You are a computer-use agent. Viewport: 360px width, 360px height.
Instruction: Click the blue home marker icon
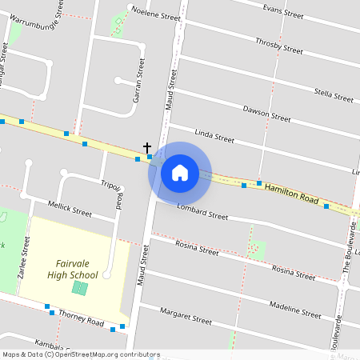(x=180, y=173)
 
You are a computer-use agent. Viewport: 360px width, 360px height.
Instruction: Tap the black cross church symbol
(x=147, y=148)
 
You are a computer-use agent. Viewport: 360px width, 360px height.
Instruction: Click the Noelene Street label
(x=156, y=14)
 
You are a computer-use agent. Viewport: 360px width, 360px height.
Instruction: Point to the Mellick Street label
(x=70, y=210)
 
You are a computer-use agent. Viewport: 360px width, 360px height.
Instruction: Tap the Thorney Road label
(x=81, y=318)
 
